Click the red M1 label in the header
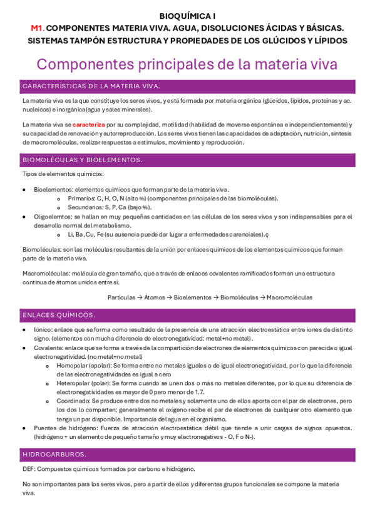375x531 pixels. click(x=38, y=28)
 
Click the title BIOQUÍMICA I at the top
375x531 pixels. click(x=187, y=16)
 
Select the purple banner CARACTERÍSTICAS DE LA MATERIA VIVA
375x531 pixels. click(x=91, y=86)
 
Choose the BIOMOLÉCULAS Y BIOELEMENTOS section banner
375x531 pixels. click(x=82, y=160)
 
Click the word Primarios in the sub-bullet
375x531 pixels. click(x=81, y=198)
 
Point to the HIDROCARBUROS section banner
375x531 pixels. click(x=54, y=454)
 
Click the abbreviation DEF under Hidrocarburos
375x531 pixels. click(x=29, y=468)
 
